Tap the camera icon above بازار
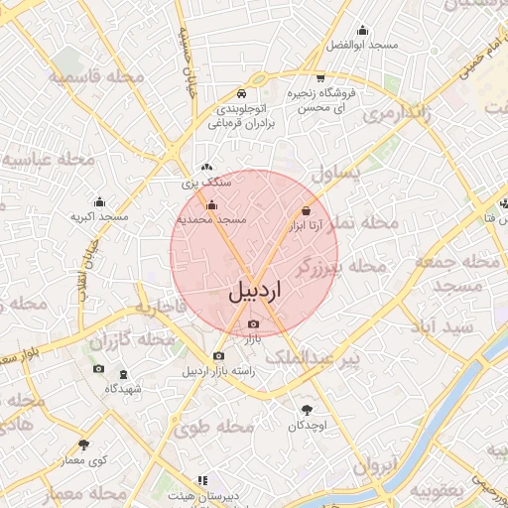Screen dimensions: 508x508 254,324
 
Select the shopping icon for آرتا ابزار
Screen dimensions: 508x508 306,210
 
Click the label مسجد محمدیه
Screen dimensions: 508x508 210,218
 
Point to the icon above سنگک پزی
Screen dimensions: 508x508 205,169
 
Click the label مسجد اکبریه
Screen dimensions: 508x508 99,215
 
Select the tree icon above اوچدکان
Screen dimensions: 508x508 307,410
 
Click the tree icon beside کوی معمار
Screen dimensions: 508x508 83,445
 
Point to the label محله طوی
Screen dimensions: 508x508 213,427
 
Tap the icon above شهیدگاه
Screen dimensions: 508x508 123,375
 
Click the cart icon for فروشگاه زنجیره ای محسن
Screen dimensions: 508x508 319,79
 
